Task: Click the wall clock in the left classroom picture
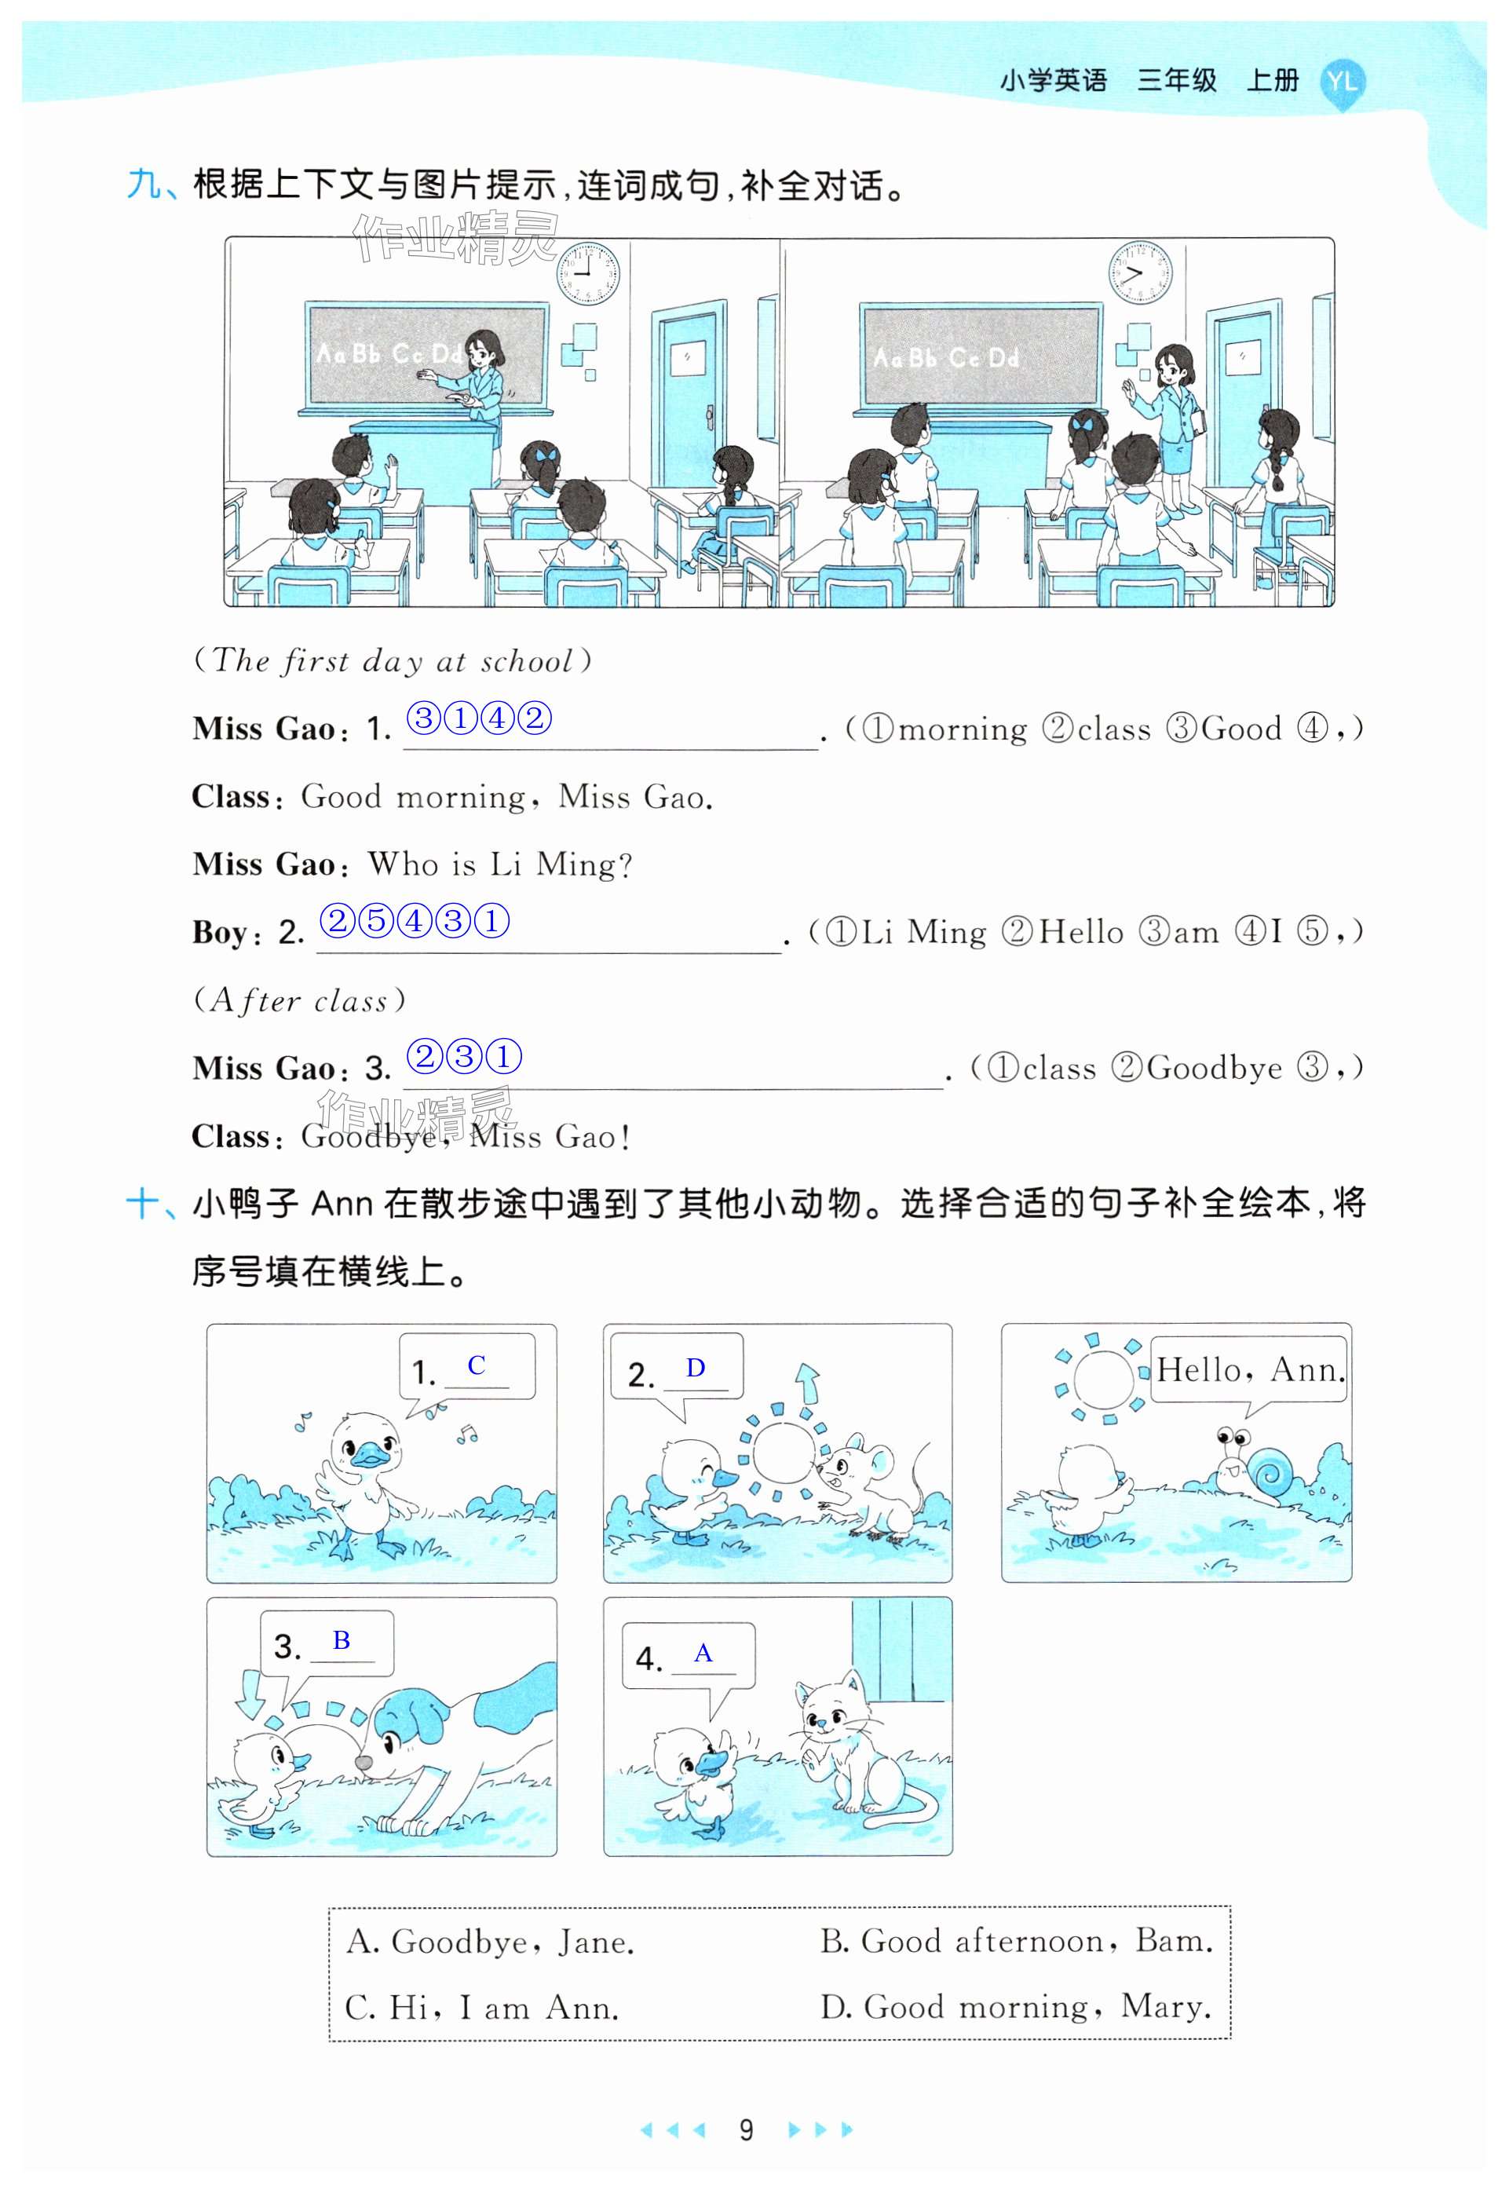587,272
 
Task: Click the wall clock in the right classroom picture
1140,272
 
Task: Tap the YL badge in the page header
1342,83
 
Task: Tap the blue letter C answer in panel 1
476,1365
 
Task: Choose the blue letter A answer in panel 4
703,1652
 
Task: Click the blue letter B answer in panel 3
342,1639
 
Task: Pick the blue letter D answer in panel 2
695,1368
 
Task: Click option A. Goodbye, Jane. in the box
490,1942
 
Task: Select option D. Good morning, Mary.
1015,2007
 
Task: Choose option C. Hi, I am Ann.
482,2007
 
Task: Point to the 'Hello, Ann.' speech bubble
1250,1369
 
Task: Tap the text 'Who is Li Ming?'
500,864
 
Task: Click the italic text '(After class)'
299,1000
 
